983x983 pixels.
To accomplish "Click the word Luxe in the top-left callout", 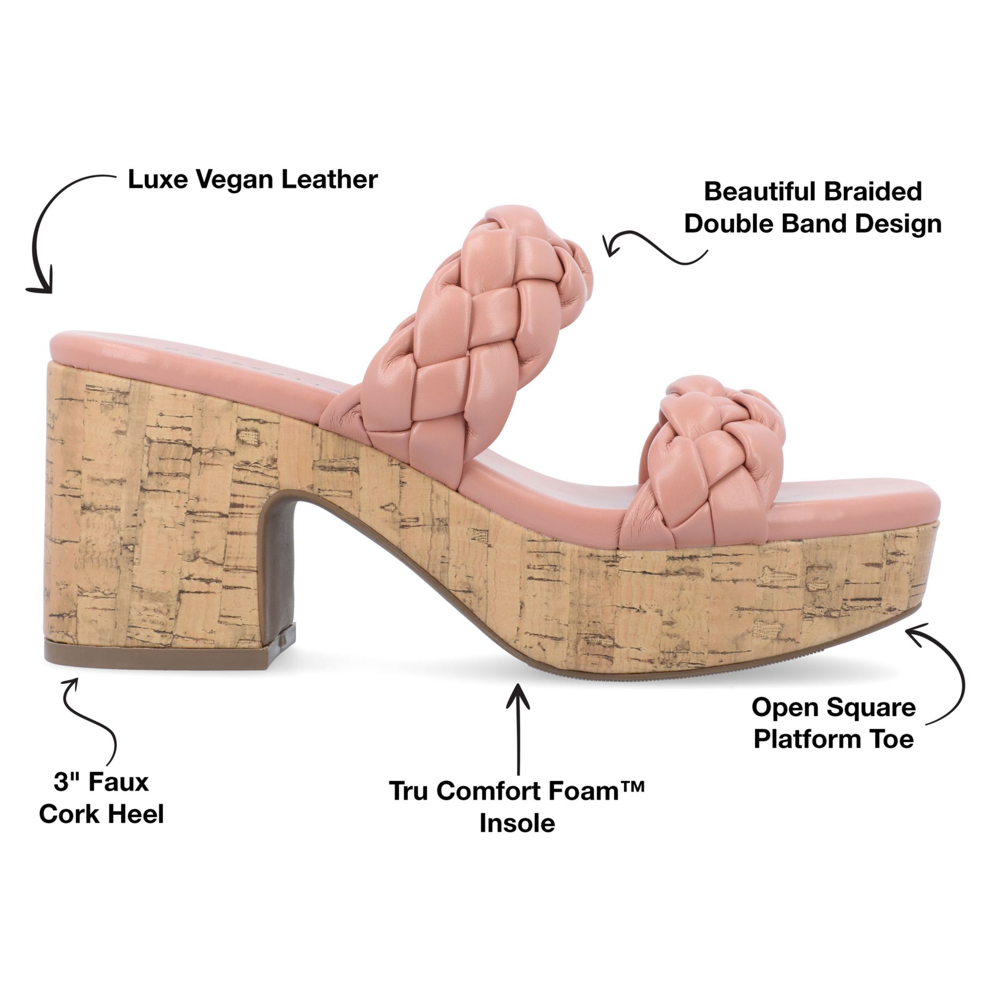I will pyautogui.click(x=153, y=180).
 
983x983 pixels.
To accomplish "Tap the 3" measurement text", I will pyautogui.click(x=68, y=782).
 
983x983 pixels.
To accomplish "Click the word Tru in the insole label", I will pyautogui.click(x=410, y=791).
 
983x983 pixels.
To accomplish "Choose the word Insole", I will pyautogui.click(x=517, y=823).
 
